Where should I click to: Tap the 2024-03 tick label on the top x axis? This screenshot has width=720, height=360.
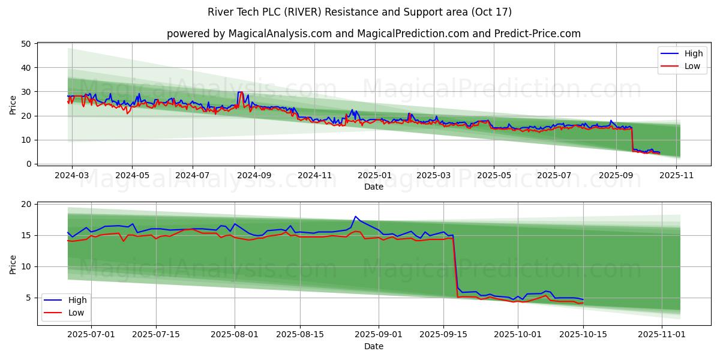point(72,175)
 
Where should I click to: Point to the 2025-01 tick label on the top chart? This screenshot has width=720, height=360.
point(374,175)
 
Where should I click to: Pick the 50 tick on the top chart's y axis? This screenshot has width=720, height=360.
point(26,44)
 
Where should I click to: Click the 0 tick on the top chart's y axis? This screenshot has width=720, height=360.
point(28,164)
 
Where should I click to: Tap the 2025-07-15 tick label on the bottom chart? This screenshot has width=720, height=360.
point(157,335)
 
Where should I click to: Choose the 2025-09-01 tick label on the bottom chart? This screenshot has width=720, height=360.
point(379,335)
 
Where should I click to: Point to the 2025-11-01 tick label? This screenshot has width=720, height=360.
point(661,335)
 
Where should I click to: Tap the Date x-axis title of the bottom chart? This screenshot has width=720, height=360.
point(374,346)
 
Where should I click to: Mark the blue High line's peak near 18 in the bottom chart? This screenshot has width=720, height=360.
point(355,217)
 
